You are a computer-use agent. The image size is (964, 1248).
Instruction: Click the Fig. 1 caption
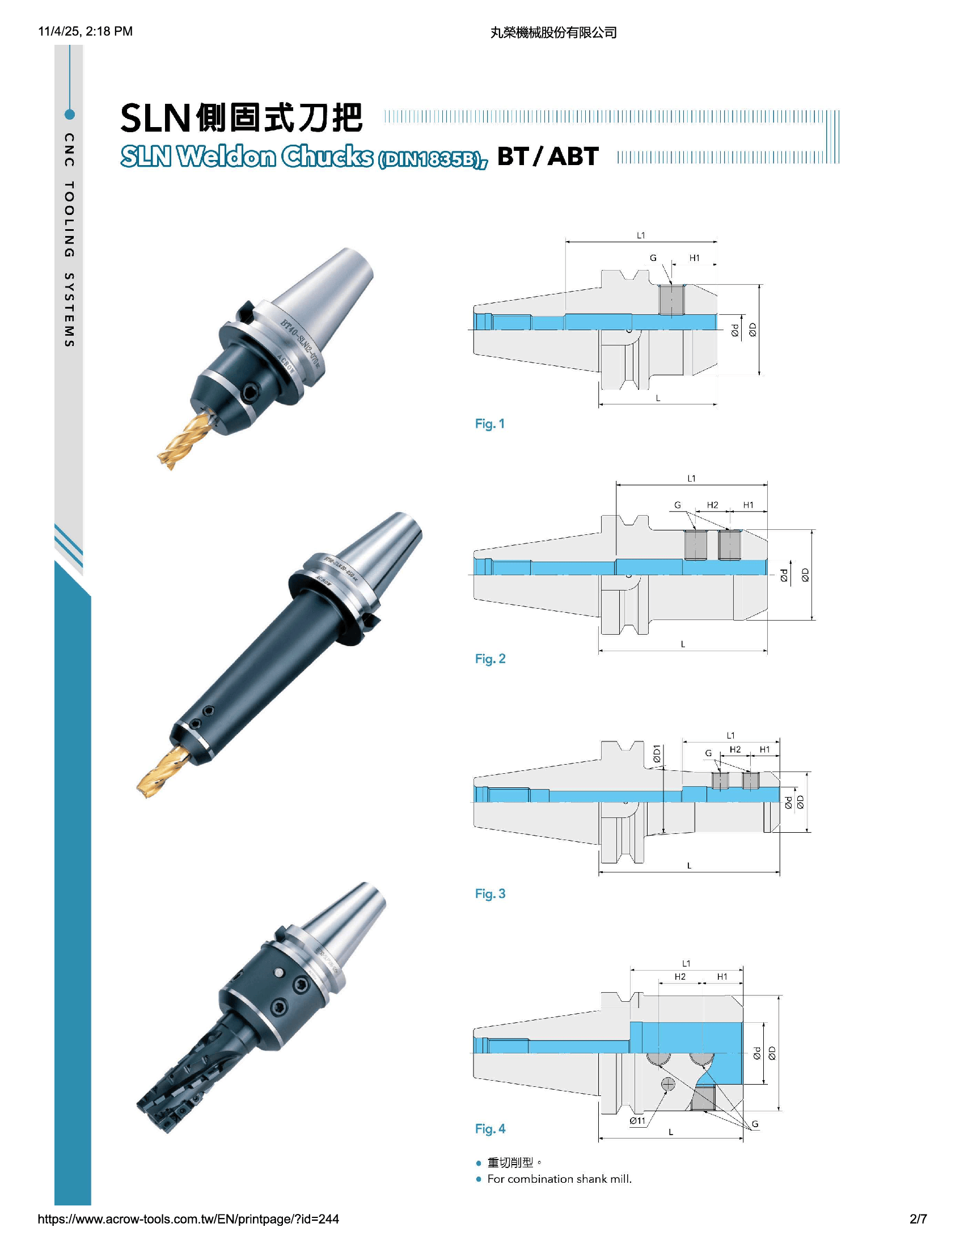(489, 424)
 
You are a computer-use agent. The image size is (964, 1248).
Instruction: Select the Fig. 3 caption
(490, 893)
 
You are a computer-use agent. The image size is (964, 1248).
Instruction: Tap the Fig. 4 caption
(490, 1128)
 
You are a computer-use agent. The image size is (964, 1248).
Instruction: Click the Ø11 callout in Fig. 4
(637, 1120)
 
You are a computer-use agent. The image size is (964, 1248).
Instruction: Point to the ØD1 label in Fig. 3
(657, 754)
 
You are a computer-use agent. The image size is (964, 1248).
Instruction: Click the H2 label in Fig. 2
(712, 505)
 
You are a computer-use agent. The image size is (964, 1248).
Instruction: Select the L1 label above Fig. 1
(641, 235)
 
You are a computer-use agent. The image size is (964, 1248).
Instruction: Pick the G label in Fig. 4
(755, 1124)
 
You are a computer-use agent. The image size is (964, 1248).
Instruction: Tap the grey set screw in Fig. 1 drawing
(671, 300)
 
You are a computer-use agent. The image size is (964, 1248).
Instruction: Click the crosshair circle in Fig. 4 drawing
(667, 1084)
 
